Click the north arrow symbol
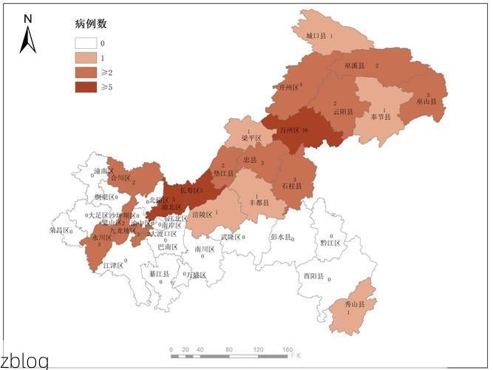pos(28,35)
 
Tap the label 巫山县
pos(426,101)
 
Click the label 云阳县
pos(342,112)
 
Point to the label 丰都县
pos(258,201)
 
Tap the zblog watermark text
pos(24,361)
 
